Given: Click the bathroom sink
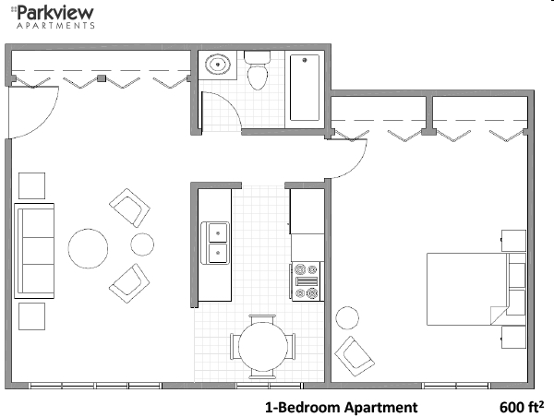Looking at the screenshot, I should (219, 66).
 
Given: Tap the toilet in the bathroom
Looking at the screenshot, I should (257, 72).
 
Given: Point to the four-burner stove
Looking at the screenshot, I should (306, 280).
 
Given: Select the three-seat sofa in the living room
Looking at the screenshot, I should (35, 249).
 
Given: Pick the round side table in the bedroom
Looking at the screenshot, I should (348, 318).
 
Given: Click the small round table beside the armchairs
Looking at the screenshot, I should (142, 244).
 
